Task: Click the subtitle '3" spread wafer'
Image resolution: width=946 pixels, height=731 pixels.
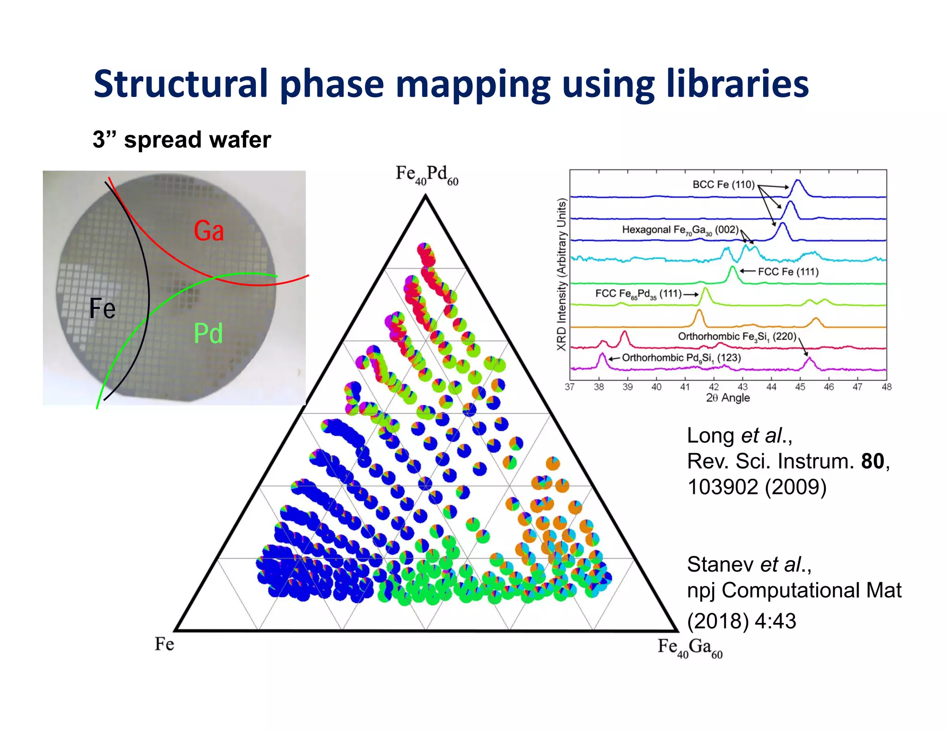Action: [x=182, y=140]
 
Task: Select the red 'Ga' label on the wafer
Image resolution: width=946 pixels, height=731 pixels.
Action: [x=209, y=231]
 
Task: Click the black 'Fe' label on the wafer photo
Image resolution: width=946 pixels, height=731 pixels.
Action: [x=103, y=308]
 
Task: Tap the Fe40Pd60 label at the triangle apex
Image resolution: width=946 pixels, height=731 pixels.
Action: [x=427, y=175]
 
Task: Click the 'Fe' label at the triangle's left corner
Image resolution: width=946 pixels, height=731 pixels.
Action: [x=164, y=644]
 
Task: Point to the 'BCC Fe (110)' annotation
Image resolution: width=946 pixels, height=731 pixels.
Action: [x=723, y=184]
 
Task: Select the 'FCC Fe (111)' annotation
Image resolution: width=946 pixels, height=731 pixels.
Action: [x=788, y=272]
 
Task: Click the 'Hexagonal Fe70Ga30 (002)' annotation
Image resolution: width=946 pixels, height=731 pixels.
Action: [x=680, y=230]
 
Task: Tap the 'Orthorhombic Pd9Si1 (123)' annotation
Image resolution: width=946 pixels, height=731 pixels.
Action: [x=681, y=358]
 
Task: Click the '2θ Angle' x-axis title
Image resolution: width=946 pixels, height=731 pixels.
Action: [x=728, y=398]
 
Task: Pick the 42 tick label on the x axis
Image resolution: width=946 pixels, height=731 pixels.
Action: [x=714, y=387]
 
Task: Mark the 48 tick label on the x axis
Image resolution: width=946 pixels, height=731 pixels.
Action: [x=886, y=387]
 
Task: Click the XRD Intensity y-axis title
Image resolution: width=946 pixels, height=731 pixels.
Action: [x=561, y=274]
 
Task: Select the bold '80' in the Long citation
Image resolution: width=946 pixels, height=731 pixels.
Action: [x=873, y=461]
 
